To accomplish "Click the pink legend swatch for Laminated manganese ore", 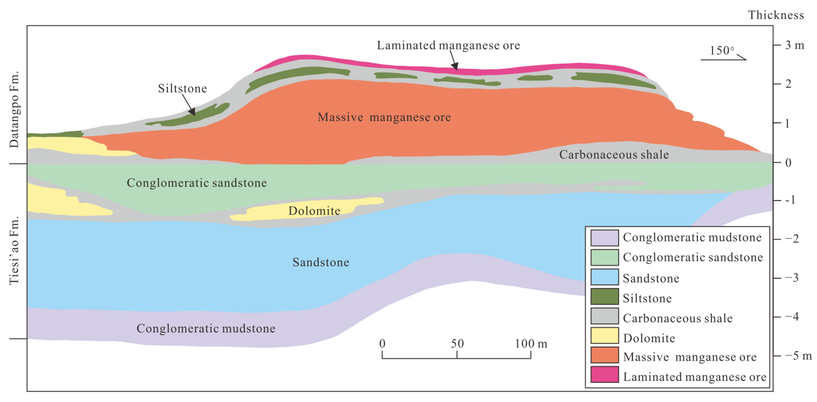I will (x=604, y=374).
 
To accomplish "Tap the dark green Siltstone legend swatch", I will (x=604, y=296).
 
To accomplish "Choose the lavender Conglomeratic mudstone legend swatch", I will (x=604, y=238).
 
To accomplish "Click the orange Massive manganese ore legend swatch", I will (x=604, y=355).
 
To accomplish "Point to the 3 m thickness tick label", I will (x=794, y=45).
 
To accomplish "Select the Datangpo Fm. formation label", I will (x=14, y=109).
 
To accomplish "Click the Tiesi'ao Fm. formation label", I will (x=14, y=250).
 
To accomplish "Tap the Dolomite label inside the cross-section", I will (x=314, y=211).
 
